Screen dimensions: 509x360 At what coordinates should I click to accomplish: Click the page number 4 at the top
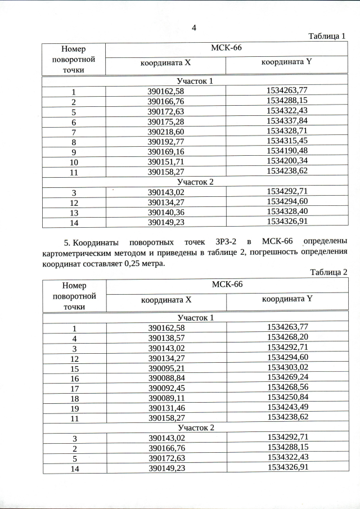click(194, 28)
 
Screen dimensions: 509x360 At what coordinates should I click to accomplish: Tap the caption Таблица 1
click(327, 37)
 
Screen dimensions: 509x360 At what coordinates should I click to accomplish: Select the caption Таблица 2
click(328, 272)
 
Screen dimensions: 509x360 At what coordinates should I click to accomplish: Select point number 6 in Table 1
click(74, 122)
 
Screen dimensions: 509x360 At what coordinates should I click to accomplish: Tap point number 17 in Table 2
click(74, 389)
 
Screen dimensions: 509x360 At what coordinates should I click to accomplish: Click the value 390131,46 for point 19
click(166, 408)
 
